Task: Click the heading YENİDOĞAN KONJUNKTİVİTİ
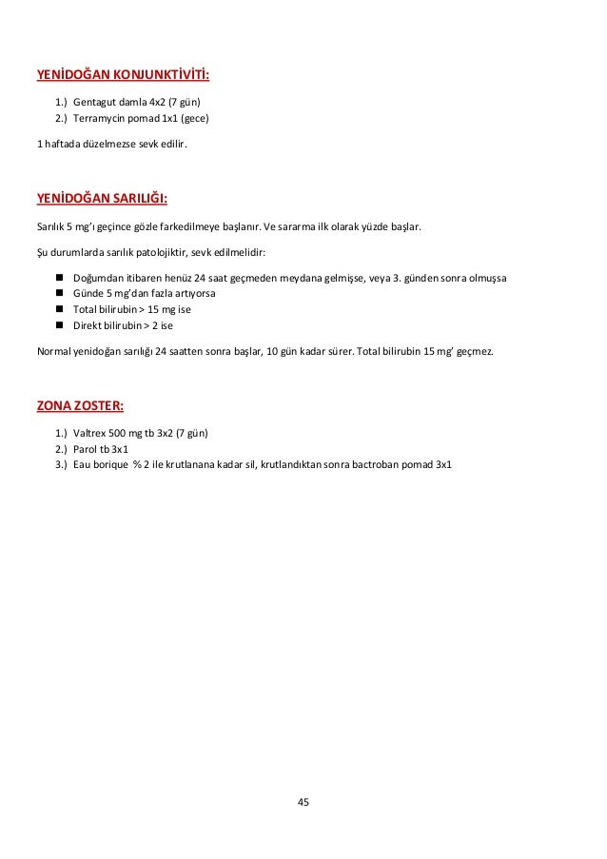[x=124, y=74]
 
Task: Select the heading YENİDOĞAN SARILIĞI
[x=102, y=200]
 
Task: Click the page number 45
[x=303, y=802]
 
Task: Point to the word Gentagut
[x=93, y=102]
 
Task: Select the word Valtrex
[x=88, y=433]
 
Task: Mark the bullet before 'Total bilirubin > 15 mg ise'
[x=59, y=309]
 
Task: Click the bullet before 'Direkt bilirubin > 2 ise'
[x=59, y=325]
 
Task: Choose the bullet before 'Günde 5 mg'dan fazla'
[x=59, y=294]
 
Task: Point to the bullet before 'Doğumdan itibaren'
[x=59, y=278]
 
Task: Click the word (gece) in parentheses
[x=194, y=119]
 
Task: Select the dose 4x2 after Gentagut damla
[x=159, y=102]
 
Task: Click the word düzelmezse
[x=105, y=145]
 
